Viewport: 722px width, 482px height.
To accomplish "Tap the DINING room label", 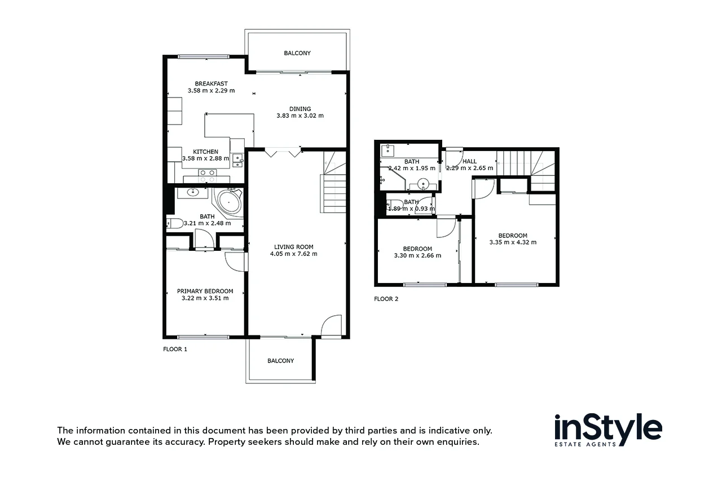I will point(300,109).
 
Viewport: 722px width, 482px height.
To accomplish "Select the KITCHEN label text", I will point(205,152).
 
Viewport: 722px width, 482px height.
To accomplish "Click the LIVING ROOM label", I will point(293,246).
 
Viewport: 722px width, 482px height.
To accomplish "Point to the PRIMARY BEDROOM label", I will point(205,291).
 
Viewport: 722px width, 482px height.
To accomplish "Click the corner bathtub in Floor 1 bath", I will point(228,202).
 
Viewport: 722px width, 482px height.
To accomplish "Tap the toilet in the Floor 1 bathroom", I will point(175,223).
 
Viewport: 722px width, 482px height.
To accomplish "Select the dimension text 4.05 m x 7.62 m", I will point(293,254).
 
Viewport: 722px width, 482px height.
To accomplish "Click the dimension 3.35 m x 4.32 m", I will point(513,242).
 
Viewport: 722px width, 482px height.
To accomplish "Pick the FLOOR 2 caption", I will point(386,299).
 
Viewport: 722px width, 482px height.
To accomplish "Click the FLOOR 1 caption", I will point(175,349).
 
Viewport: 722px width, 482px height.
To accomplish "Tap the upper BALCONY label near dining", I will point(297,53).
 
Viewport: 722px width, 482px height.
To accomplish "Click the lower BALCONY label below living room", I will point(280,361).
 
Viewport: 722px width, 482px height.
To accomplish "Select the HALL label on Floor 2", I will point(469,161).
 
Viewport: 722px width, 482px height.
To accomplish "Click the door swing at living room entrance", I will point(332,326).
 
